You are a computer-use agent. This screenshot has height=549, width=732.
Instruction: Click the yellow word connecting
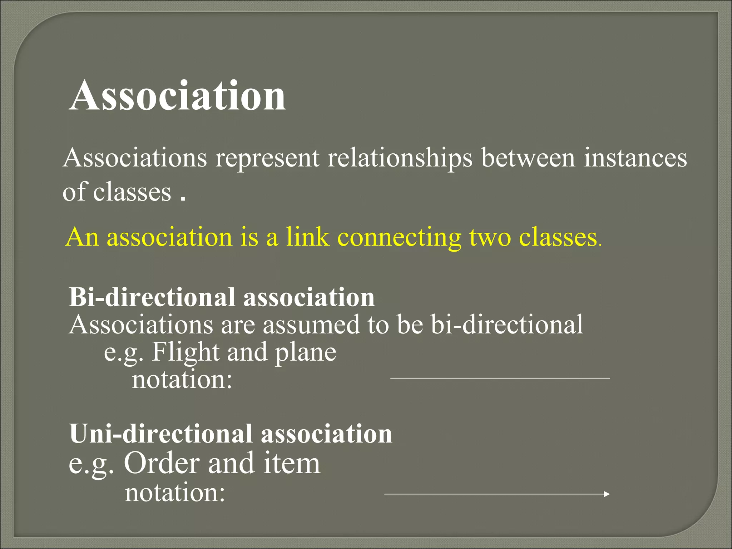click(x=399, y=238)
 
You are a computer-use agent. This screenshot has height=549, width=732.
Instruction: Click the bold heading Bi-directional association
click(x=222, y=297)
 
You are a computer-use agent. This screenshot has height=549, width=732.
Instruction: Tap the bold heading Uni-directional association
click(x=231, y=434)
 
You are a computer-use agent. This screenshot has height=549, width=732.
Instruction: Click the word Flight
click(x=185, y=352)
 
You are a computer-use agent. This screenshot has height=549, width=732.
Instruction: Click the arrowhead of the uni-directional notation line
click(x=606, y=494)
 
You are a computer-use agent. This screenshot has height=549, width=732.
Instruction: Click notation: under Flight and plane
click(x=182, y=380)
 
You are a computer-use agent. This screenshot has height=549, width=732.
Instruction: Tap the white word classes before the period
click(x=132, y=192)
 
